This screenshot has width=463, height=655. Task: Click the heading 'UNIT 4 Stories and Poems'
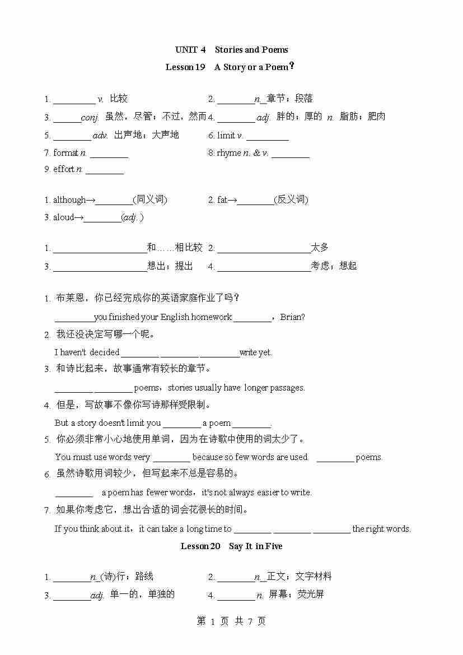click(x=231, y=50)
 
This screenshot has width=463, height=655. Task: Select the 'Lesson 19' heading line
click(x=230, y=67)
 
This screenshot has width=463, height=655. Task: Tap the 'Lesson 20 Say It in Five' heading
click(x=231, y=546)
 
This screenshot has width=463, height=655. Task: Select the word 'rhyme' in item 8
click(x=229, y=152)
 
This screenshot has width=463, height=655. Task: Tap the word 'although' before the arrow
click(x=69, y=200)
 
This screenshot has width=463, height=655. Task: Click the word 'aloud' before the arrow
click(x=63, y=217)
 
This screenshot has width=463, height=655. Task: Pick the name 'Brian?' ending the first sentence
click(x=293, y=317)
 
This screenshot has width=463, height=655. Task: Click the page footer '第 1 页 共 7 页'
click(x=231, y=621)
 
